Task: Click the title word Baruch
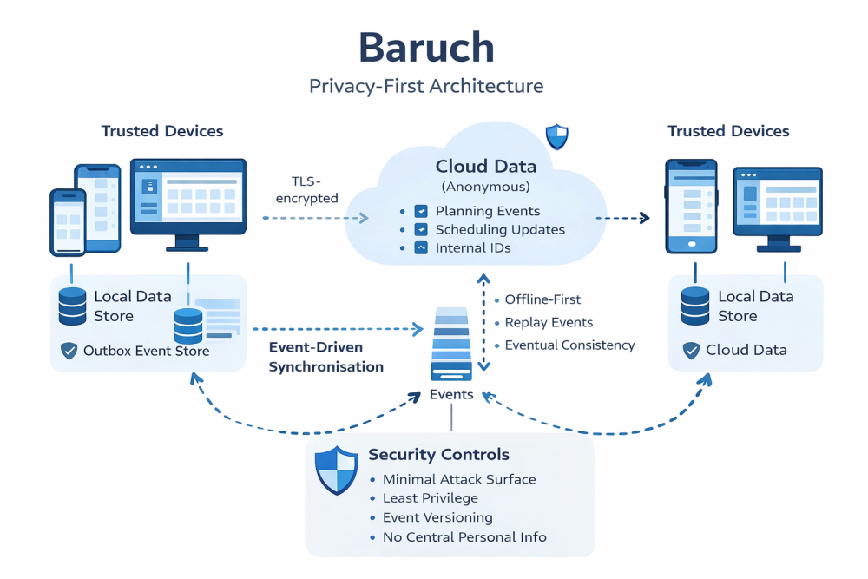click(x=426, y=48)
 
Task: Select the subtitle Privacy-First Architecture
click(x=426, y=86)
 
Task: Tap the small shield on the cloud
click(x=556, y=136)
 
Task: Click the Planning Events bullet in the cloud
click(x=487, y=211)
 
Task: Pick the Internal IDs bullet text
click(x=473, y=248)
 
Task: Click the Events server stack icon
click(x=451, y=345)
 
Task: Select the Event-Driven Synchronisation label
click(x=325, y=357)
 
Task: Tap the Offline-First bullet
click(x=543, y=299)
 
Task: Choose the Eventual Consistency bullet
click(x=569, y=345)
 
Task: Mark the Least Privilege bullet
click(x=430, y=498)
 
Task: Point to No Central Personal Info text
click(x=464, y=537)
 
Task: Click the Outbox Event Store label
click(x=146, y=352)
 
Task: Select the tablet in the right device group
click(x=691, y=206)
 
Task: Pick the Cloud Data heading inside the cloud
click(x=485, y=167)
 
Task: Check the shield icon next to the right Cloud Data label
click(x=691, y=351)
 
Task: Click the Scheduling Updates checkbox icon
click(x=422, y=230)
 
